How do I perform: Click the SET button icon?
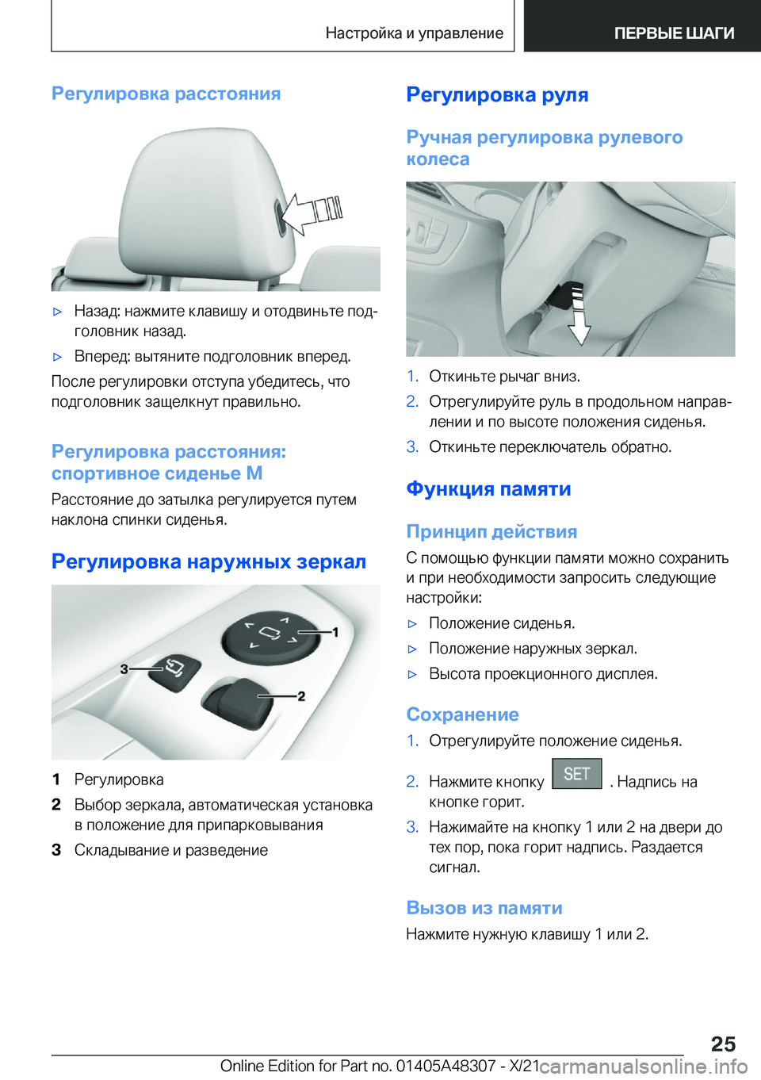click(x=576, y=774)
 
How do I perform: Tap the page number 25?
click(x=723, y=1044)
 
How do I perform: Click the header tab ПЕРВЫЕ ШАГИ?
click(x=674, y=33)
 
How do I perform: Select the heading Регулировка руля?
click(x=497, y=95)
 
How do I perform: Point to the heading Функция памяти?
click(x=488, y=489)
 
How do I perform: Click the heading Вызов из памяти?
click(x=484, y=908)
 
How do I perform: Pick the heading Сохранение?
click(x=462, y=714)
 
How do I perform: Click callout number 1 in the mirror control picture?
click(x=335, y=632)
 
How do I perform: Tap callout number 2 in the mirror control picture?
click(x=301, y=696)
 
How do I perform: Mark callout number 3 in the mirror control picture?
click(x=124, y=669)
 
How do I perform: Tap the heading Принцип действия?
click(x=491, y=532)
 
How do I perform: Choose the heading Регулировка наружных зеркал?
click(x=208, y=562)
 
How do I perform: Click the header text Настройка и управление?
click(x=414, y=33)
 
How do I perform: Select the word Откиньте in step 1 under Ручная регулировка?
click(x=459, y=377)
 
